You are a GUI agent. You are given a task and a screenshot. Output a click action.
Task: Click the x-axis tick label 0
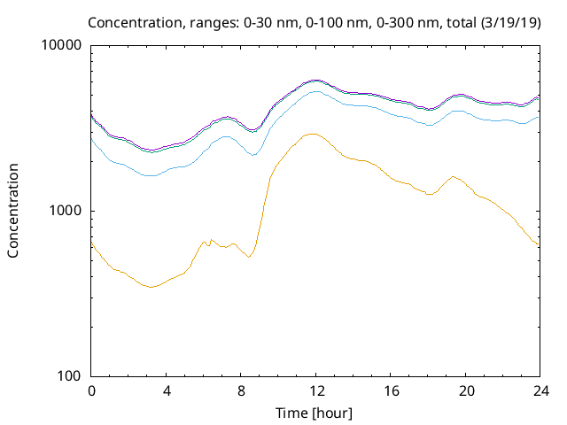[91, 390]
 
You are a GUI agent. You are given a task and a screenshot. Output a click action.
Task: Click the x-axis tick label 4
[166, 390]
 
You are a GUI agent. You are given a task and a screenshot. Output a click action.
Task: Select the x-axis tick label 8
[241, 390]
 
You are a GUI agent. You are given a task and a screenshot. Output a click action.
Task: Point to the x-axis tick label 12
[315, 390]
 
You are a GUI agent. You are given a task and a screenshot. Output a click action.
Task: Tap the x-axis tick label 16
[390, 390]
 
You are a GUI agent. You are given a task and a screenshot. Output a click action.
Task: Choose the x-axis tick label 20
[465, 390]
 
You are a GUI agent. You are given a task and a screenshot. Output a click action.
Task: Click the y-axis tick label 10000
[62, 45]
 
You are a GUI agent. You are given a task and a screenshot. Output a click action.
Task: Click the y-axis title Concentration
[13, 211]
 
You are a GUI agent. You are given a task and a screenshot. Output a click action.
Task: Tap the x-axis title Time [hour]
[315, 413]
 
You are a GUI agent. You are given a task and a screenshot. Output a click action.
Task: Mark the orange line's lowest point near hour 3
[151, 287]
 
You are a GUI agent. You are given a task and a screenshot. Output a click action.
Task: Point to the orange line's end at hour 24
[539, 244]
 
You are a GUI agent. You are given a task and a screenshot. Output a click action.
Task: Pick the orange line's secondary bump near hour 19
[454, 176]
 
